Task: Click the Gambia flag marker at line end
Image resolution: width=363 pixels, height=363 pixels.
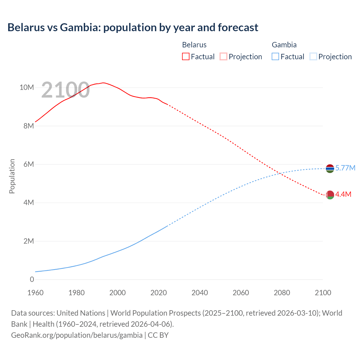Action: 330,168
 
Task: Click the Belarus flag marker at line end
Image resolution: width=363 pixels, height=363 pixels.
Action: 330,195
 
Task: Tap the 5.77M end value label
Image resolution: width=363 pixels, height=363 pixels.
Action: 345,168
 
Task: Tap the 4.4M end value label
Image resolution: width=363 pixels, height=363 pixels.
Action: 343,194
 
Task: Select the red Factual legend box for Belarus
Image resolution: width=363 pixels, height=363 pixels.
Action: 185,56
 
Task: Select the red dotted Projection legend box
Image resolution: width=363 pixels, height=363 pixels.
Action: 223,56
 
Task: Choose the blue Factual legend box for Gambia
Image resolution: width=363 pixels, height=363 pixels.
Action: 275,56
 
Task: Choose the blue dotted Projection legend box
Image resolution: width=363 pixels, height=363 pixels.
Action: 313,56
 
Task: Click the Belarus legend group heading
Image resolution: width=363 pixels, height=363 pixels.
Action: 194,45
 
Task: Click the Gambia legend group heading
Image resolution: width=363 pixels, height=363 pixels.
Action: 284,45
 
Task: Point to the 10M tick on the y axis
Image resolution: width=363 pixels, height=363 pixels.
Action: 27,87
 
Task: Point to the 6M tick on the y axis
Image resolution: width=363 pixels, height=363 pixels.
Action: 28,164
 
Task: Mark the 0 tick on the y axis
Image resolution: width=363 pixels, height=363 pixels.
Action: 32,279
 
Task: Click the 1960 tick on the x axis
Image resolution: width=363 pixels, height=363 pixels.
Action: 35,293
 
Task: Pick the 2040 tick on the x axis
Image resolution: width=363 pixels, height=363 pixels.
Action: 200,293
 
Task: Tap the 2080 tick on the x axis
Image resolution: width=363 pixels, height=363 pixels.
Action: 282,293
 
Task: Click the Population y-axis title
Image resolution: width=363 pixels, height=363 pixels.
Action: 12,176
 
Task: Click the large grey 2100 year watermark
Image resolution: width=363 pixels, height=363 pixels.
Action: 66,90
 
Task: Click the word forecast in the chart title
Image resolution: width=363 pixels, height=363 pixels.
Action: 238,28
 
